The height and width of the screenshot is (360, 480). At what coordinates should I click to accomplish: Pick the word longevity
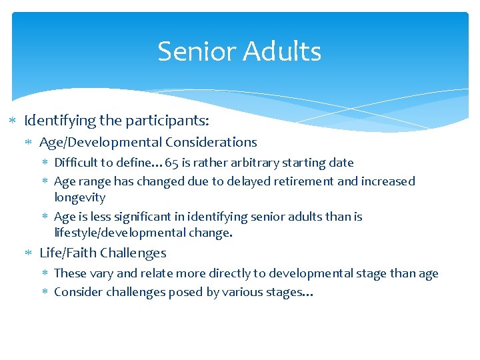[x=79, y=197]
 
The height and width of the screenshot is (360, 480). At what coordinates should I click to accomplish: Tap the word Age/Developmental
[x=101, y=142]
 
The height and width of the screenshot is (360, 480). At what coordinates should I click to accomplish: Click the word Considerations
[x=211, y=142]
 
